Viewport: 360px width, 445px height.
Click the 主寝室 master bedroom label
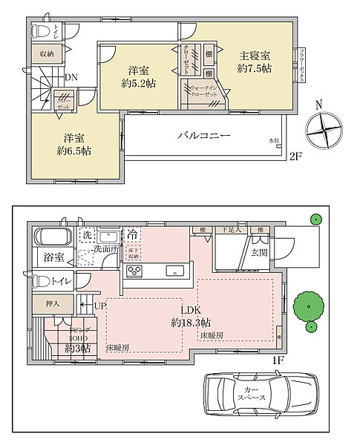coord(254,55)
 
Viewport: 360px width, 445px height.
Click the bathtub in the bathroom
coord(51,239)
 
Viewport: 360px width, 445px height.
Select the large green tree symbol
coord(307,306)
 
